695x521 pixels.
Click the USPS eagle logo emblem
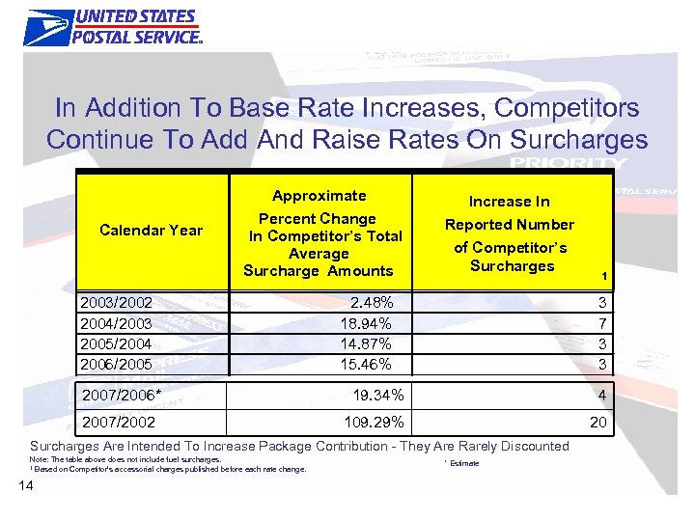tap(48, 27)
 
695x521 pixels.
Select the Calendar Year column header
tap(152, 230)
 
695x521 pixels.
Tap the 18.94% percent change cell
tap(366, 323)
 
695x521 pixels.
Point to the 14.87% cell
tap(366, 343)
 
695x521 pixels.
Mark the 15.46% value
tap(366, 364)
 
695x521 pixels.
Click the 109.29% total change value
tap(374, 422)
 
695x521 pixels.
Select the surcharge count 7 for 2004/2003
tap(600, 323)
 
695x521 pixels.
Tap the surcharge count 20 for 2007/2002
tap(598, 422)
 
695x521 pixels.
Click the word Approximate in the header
tap(319, 196)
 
